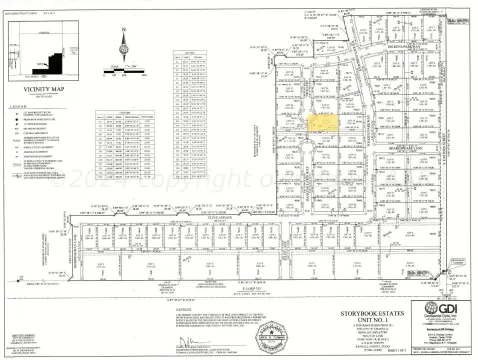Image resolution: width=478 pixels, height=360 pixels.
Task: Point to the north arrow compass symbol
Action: [124, 46]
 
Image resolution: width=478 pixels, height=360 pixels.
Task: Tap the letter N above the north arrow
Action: [124, 30]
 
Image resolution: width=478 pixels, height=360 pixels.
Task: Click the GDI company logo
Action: [432, 308]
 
